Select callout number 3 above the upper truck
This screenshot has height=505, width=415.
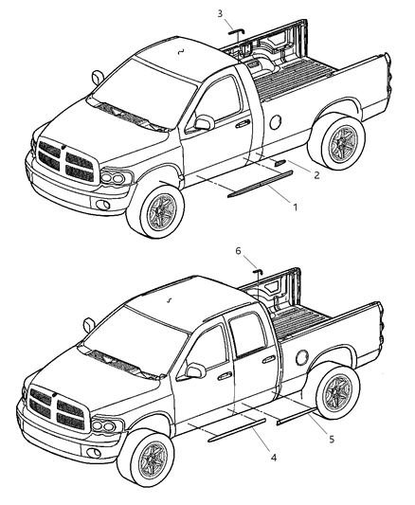click(x=220, y=13)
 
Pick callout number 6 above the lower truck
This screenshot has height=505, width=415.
click(x=240, y=252)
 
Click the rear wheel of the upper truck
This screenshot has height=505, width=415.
click(x=335, y=145)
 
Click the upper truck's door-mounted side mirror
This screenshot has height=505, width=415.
click(x=202, y=123)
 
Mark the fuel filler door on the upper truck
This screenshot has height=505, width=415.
click(x=275, y=121)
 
